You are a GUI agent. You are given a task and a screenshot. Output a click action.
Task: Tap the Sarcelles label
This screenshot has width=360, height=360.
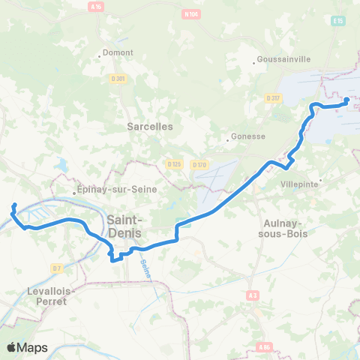click(x=150, y=127)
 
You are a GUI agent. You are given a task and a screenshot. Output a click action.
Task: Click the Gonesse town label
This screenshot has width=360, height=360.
click(x=249, y=136)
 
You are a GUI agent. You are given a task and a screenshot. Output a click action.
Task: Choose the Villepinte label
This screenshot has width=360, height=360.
click(x=298, y=184)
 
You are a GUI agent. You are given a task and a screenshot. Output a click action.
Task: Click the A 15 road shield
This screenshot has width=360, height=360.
click(x=95, y=7)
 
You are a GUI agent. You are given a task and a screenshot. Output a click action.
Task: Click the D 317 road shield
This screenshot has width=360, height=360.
click(x=272, y=97)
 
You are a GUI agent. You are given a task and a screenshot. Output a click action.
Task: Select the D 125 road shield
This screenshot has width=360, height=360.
click(x=175, y=163)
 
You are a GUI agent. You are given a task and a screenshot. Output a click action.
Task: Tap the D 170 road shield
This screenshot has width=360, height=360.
click(x=199, y=164)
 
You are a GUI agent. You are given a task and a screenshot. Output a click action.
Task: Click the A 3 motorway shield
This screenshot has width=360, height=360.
click(x=251, y=297)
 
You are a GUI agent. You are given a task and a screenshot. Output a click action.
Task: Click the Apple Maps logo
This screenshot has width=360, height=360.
click(x=27, y=347)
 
